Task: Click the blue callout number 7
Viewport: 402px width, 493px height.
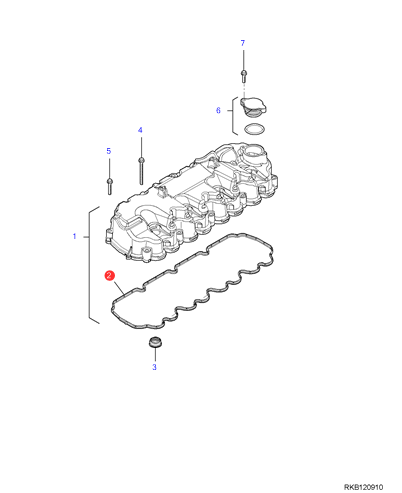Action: pyautogui.click(x=243, y=43)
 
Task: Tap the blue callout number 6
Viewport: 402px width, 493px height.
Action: pyautogui.click(x=218, y=110)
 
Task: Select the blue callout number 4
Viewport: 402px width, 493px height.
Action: pyautogui.click(x=140, y=130)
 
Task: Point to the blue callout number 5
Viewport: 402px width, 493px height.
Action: pyautogui.click(x=109, y=151)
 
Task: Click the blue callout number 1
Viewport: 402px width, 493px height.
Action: pyautogui.click(x=75, y=236)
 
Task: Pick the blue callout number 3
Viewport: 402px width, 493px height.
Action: pyautogui.click(x=154, y=367)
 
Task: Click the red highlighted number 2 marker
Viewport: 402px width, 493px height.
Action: pyautogui.click(x=109, y=276)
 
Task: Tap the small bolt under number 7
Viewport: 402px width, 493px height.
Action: pyautogui.click(x=244, y=76)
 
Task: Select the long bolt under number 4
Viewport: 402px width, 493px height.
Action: pyautogui.click(x=141, y=171)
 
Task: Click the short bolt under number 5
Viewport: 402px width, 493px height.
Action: pyautogui.click(x=109, y=186)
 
